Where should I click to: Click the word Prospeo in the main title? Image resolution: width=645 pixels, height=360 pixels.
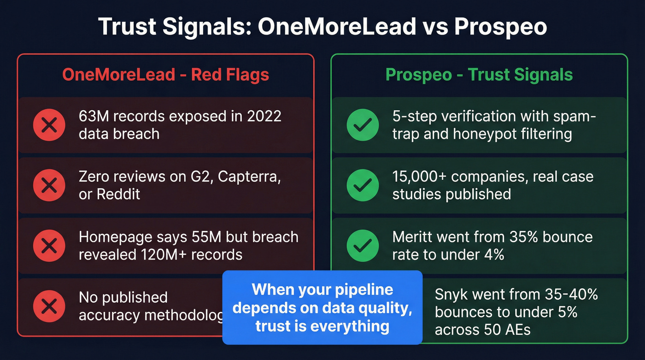[500, 27]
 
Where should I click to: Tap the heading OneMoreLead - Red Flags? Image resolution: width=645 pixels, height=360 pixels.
[165, 74]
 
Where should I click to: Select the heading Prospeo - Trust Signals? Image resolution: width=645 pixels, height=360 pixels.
[479, 74]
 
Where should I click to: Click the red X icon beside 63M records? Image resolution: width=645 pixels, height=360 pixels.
[49, 125]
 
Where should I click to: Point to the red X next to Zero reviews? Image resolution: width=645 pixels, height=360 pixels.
[49, 185]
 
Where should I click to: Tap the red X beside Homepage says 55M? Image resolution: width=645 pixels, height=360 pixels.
[49, 246]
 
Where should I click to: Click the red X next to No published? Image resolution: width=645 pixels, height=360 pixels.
[49, 306]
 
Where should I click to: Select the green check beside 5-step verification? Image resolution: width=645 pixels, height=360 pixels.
[362, 125]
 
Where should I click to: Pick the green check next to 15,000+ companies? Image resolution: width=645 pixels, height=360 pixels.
[362, 185]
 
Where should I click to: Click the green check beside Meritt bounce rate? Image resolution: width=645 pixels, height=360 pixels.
[362, 246]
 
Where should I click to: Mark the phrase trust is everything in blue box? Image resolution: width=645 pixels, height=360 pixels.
[322, 326]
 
